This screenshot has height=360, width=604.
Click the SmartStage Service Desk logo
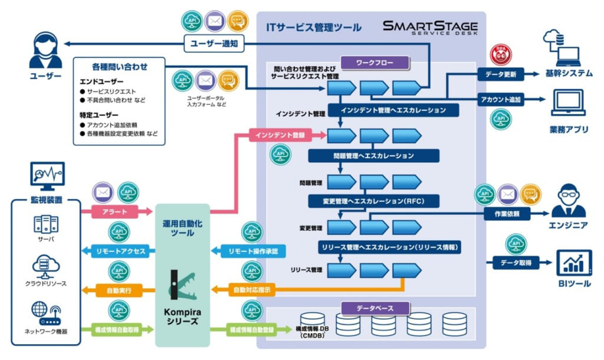click(x=430, y=28)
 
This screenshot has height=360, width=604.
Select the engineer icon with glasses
click(x=568, y=200)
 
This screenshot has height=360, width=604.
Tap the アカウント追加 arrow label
click(x=500, y=100)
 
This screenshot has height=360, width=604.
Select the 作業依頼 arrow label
click(x=505, y=214)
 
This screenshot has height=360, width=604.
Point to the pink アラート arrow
click(x=114, y=211)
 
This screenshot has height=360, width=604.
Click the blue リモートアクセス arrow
click(x=120, y=251)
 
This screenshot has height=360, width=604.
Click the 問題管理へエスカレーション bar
click(x=374, y=156)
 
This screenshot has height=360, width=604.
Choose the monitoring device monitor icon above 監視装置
click(x=47, y=176)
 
